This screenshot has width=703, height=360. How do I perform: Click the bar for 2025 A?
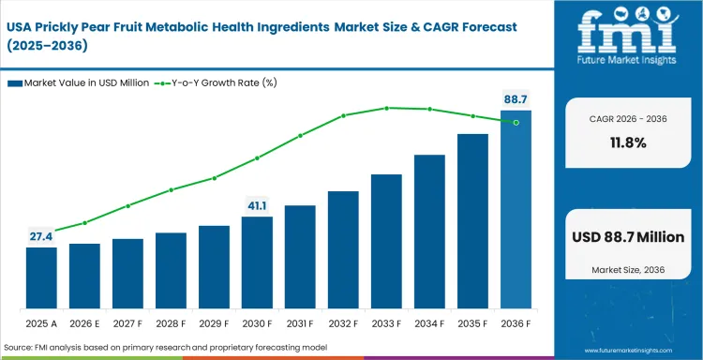click(x=41, y=277)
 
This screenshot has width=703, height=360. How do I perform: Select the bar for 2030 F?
click(x=257, y=262)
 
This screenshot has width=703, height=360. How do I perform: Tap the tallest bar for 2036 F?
click(x=516, y=210)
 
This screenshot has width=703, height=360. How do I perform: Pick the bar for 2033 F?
click(x=386, y=241)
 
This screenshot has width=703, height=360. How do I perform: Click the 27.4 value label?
click(x=41, y=236)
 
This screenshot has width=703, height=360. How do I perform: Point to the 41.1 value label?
click(x=257, y=205)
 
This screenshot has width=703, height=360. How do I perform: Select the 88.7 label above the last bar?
click(x=515, y=98)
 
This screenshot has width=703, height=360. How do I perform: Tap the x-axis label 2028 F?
click(x=171, y=322)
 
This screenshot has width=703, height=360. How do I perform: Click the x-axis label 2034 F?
click(x=429, y=322)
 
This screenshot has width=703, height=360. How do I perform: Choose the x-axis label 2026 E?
click(x=84, y=322)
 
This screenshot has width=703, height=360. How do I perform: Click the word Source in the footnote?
click(x=20, y=348)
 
